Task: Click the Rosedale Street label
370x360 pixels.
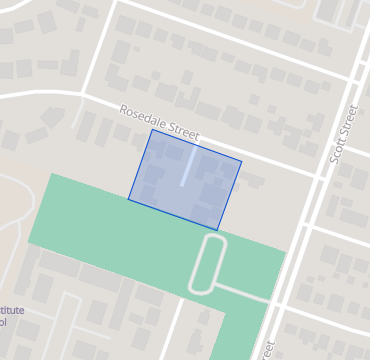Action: point(160,123)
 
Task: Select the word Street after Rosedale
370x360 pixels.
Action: point(184,131)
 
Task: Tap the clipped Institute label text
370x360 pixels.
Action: point(12,310)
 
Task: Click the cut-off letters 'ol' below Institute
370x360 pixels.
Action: point(3,323)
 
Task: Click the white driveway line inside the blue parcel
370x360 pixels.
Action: point(187,167)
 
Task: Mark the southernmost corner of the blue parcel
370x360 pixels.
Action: point(218,230)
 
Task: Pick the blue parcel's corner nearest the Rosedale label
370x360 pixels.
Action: point(152,130)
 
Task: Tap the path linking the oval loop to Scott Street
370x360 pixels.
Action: point(245,292)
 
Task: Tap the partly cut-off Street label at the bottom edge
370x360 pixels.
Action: point(267,350)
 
